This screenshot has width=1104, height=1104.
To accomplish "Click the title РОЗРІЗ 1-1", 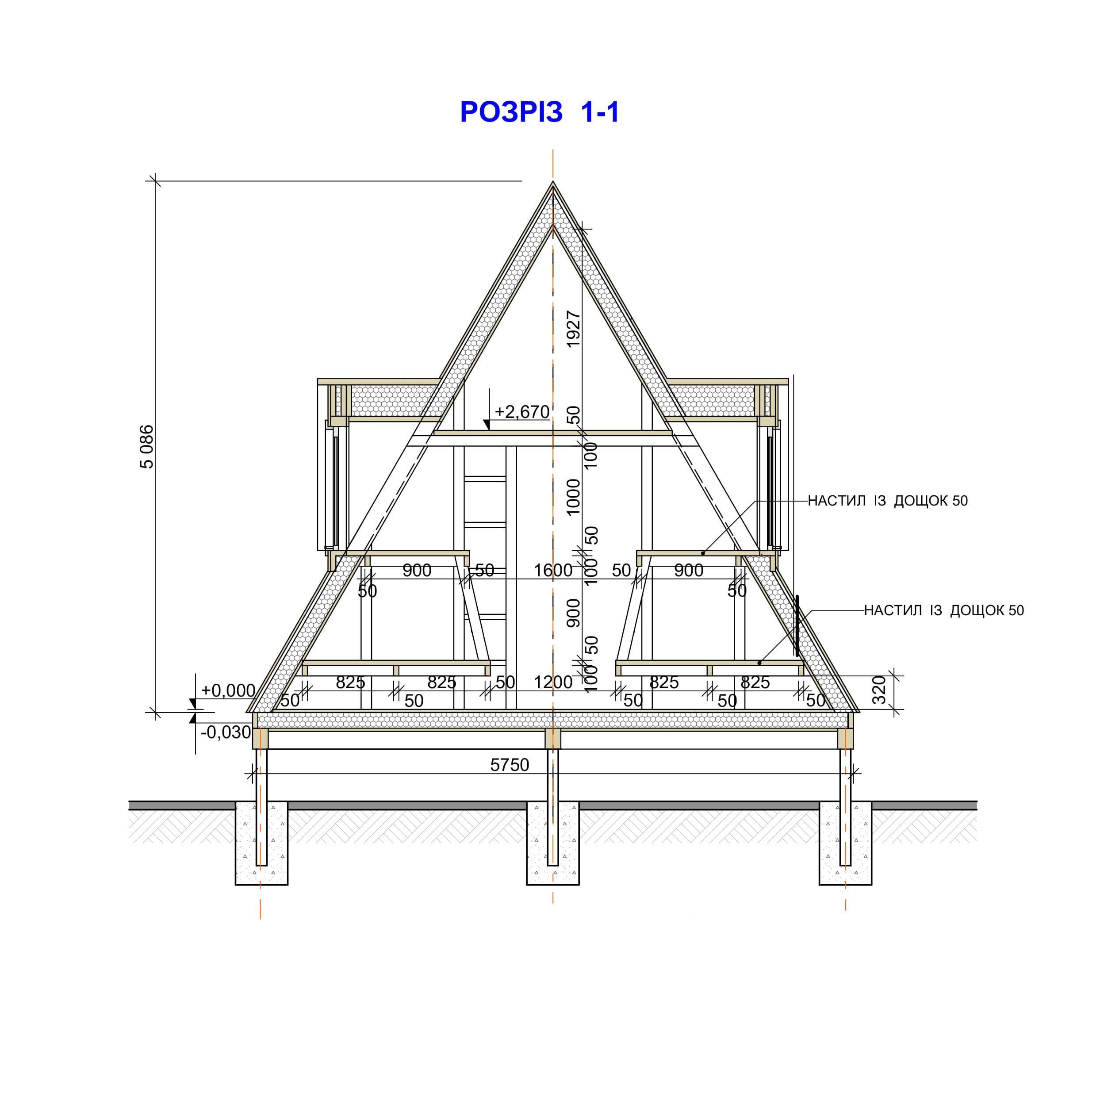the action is (540, 112).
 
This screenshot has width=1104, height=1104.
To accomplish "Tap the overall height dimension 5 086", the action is (147, 447).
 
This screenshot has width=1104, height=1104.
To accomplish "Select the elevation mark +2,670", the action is (522, 411).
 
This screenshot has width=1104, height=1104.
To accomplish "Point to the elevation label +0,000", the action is (228, 690).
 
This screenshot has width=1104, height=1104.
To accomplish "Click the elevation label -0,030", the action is (226, 732).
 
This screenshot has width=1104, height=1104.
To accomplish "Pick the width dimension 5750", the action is (510, 765).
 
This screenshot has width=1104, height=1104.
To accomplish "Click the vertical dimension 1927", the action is (573, 329).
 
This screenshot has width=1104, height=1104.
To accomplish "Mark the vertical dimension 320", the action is (879, 690).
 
